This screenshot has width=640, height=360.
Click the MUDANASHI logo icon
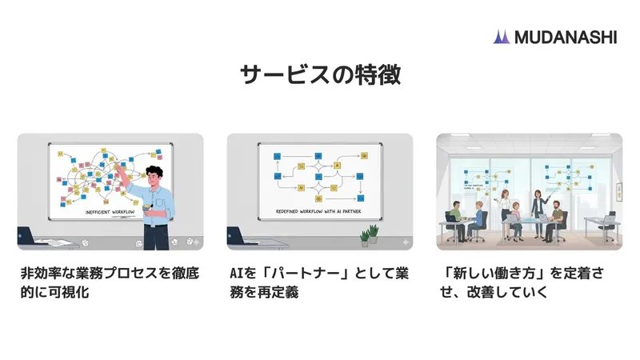click(502, 37)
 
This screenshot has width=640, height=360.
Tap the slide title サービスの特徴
click(320, 75)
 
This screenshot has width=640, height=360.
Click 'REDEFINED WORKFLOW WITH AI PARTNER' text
click(320, 214)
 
